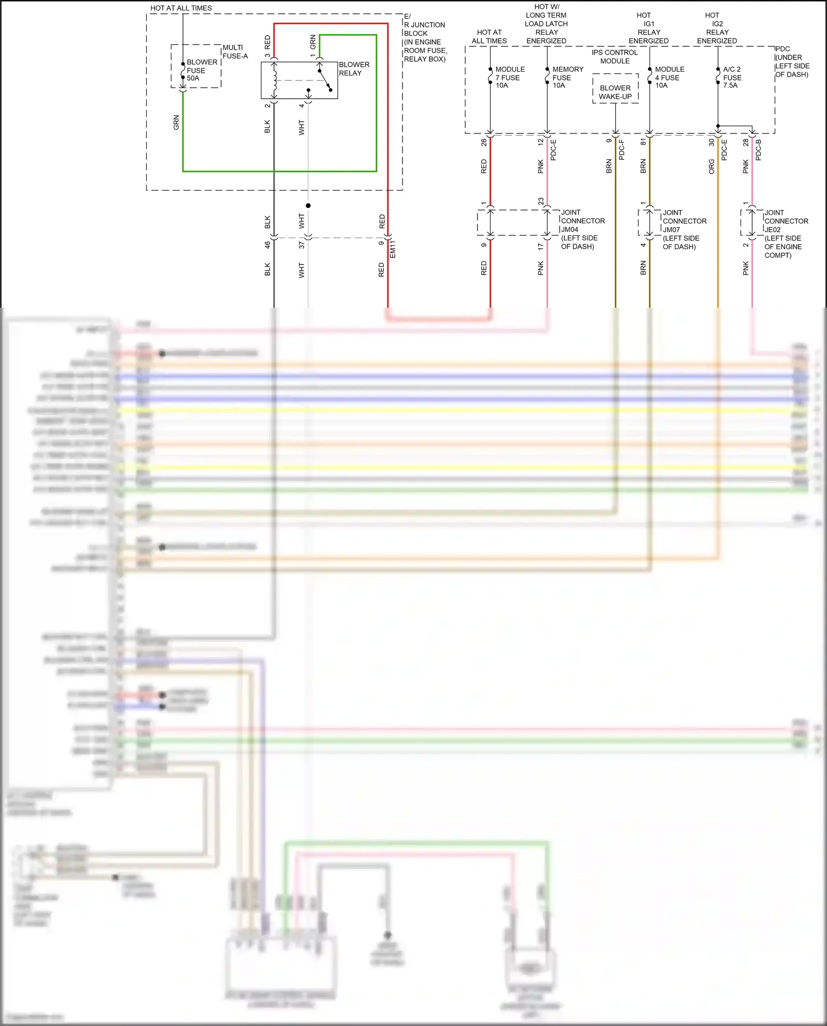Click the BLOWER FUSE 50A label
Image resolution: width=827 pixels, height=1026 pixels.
[x=201, y=70]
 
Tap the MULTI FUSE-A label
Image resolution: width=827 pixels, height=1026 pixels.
[x=235, y=52]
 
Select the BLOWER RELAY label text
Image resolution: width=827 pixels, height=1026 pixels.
[x=354, y=69]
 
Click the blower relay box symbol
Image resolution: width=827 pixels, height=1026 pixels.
[x=299, y=80]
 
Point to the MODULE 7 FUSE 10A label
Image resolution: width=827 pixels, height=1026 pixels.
[x=509, y=77]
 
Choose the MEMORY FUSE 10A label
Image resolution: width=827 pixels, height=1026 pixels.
[x=567, y=77]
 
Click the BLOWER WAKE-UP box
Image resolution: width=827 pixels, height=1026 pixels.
[x=615, y=92]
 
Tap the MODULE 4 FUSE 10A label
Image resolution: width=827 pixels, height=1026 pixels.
[x=669, y=77]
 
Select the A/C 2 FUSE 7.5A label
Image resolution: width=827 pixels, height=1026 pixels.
[x=732, y=77]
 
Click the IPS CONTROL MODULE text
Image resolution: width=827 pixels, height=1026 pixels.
[x=615, y=57]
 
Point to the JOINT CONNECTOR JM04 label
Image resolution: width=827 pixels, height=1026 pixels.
[x=582, y=229]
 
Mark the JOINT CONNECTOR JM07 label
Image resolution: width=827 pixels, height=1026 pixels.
[x=684, y=229]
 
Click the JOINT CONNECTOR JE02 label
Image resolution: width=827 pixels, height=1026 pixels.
[x=786, y=234]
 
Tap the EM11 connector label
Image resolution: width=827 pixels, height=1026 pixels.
[x=393, y=249]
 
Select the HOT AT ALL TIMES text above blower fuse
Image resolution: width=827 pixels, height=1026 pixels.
[x=181, y=8]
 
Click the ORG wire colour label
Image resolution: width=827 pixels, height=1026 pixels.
[x=711, y=166]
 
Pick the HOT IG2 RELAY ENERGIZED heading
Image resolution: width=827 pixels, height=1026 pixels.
[x=717, y=28]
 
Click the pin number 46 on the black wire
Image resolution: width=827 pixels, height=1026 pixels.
[x=267, y=245]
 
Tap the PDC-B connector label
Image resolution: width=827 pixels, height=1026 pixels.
[x=758, y=150]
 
